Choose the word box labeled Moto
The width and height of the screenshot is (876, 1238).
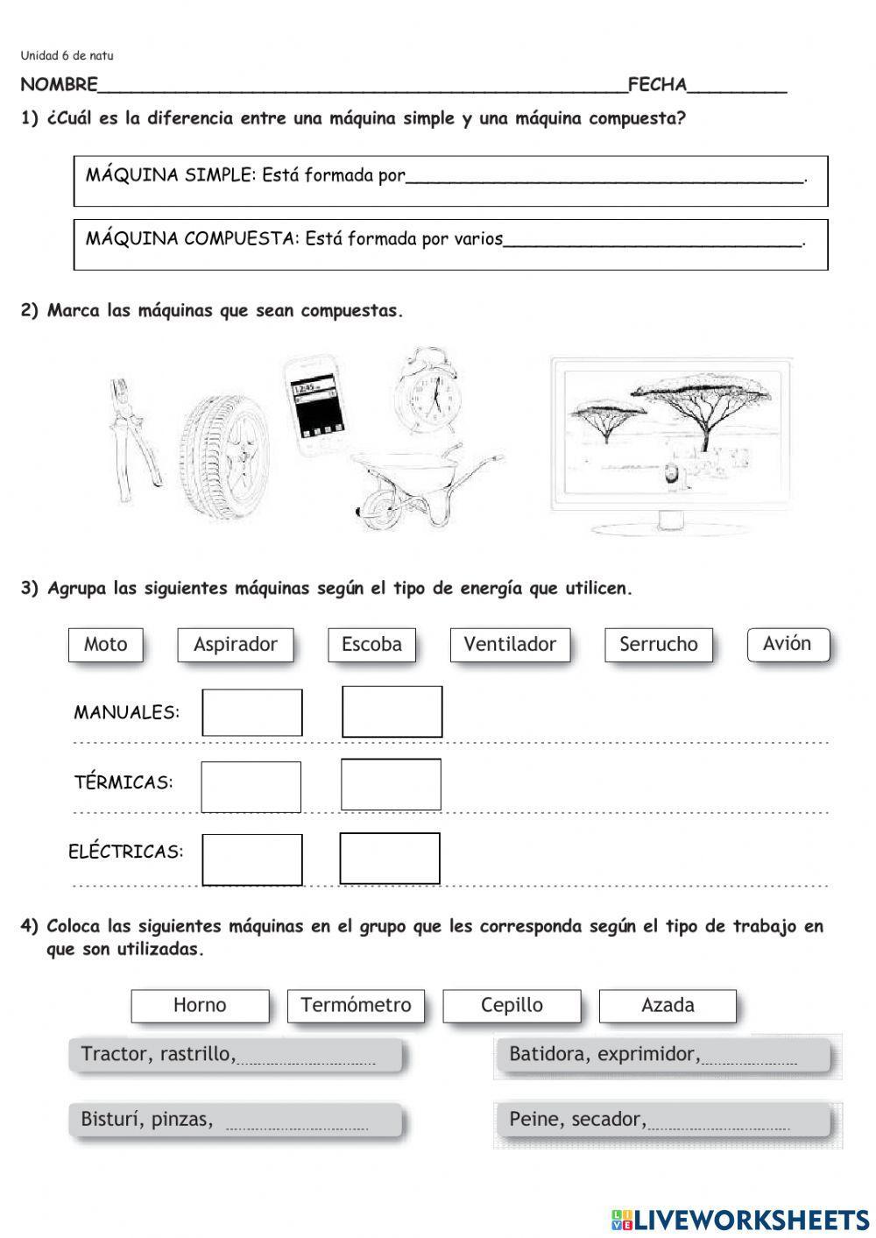pos(106,645)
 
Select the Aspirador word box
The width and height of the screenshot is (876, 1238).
pos(235,645)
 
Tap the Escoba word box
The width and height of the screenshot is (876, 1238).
pos(371,645)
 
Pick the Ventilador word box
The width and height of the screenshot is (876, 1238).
pos(510,645)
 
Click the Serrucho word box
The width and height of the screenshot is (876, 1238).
pos(658,645)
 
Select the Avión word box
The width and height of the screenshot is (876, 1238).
pos(788,644)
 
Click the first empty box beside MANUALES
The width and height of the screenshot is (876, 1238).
pos(252,712)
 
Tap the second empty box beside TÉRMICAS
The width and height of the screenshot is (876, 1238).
pos(391,784)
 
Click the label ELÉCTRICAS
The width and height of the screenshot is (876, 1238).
pos(126,852)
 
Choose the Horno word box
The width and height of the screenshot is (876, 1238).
pos(200,1005)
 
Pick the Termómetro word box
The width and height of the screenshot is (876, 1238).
pos(356,1005)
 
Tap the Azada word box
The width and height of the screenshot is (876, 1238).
pos(668,1005)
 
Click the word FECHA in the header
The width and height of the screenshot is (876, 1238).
pos(657,85)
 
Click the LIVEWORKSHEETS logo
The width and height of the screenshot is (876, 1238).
pos(740,1219)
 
